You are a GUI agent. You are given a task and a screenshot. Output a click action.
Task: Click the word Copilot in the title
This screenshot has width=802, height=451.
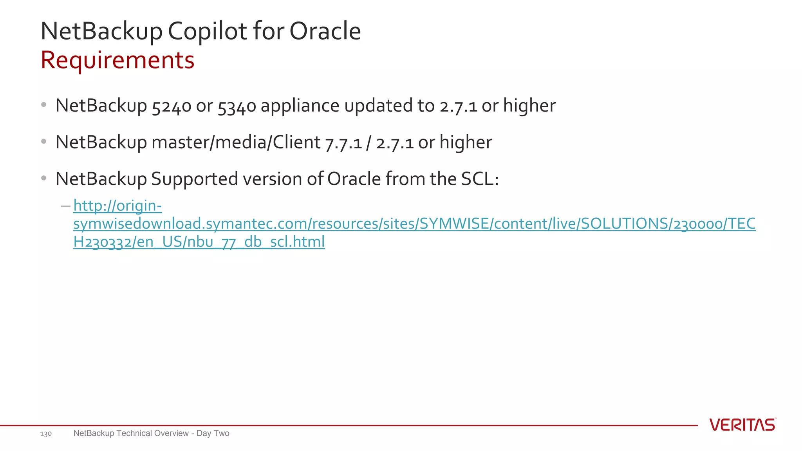coord(208,31)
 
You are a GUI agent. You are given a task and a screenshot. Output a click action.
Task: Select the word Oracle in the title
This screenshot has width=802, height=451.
coord(325,31)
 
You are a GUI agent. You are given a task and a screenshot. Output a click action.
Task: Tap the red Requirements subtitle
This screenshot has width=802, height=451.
coord(117,60)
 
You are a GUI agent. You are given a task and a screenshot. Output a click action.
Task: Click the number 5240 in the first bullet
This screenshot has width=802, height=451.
coord(172,106)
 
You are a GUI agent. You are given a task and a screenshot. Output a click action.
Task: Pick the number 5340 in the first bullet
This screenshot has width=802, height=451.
coord(237,106)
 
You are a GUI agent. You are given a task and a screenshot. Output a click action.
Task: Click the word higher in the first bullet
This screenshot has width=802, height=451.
coord(529,105)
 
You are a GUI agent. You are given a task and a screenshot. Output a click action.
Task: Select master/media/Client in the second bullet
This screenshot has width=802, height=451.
coord(236,142)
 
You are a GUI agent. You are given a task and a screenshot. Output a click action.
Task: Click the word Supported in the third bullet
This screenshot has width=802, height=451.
coord(195,179)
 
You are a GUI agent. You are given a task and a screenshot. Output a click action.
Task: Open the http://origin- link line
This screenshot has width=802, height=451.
coord(117,206)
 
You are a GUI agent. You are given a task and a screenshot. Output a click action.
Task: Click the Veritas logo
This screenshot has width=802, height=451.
coord(742,425)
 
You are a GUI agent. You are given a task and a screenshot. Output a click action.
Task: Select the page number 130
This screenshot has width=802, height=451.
coord(46,434)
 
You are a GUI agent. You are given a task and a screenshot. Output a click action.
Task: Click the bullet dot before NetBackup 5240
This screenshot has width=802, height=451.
coord(44,105)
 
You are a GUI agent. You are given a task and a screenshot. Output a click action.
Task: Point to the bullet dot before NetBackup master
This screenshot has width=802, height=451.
coord(44,141)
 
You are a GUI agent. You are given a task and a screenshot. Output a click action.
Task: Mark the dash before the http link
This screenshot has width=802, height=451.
coord(65,206)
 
